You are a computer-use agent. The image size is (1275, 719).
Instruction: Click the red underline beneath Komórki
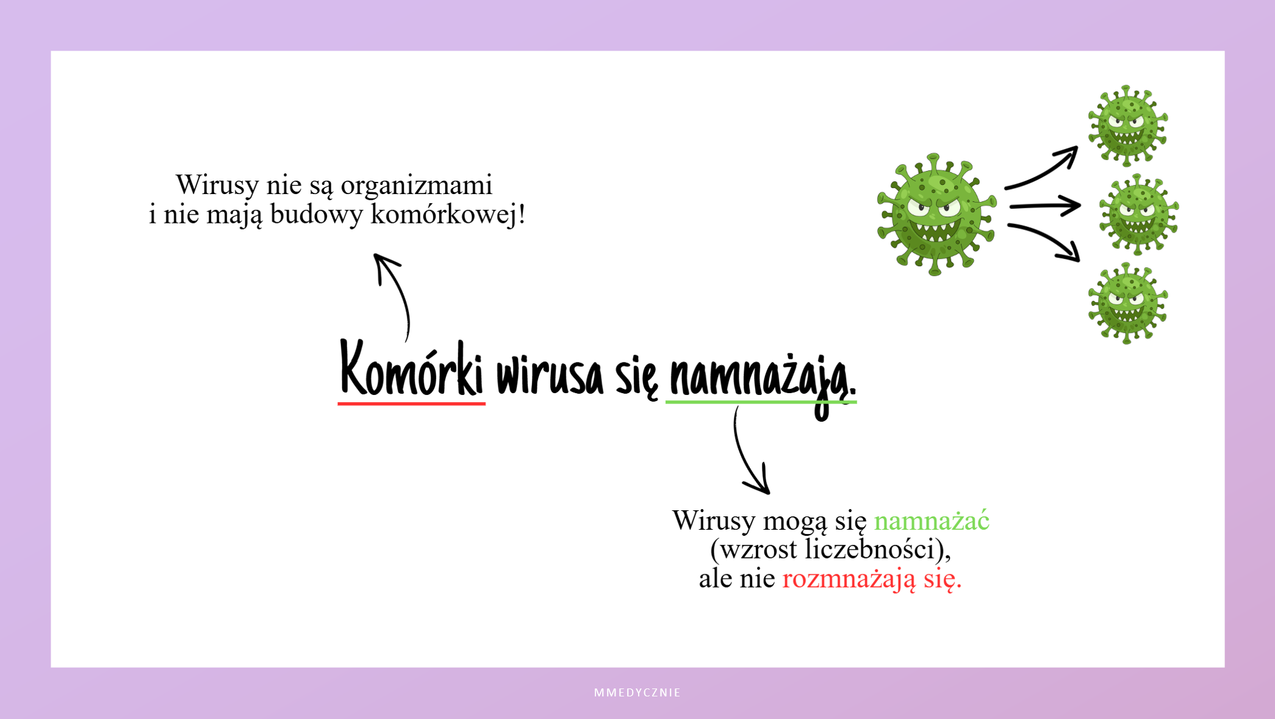click(412, 403)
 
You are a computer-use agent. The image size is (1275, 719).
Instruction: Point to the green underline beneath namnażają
click(761, 402)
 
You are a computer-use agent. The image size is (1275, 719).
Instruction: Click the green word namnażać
click(932, 521)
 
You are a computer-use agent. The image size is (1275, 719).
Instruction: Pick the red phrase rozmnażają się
click(872, 579)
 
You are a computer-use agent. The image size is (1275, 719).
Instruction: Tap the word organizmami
click(417, 186)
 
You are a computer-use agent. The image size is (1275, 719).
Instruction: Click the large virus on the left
click(936, 214)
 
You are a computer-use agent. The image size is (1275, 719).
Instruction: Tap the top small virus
click(1127, 126)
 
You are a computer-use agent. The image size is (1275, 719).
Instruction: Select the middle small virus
click(1138, 214)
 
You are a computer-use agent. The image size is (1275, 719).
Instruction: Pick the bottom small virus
click(1127, 303)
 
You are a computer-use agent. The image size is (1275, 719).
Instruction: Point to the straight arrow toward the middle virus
click(1045, 206)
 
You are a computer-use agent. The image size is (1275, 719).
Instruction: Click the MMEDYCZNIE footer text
click(637, 693)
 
